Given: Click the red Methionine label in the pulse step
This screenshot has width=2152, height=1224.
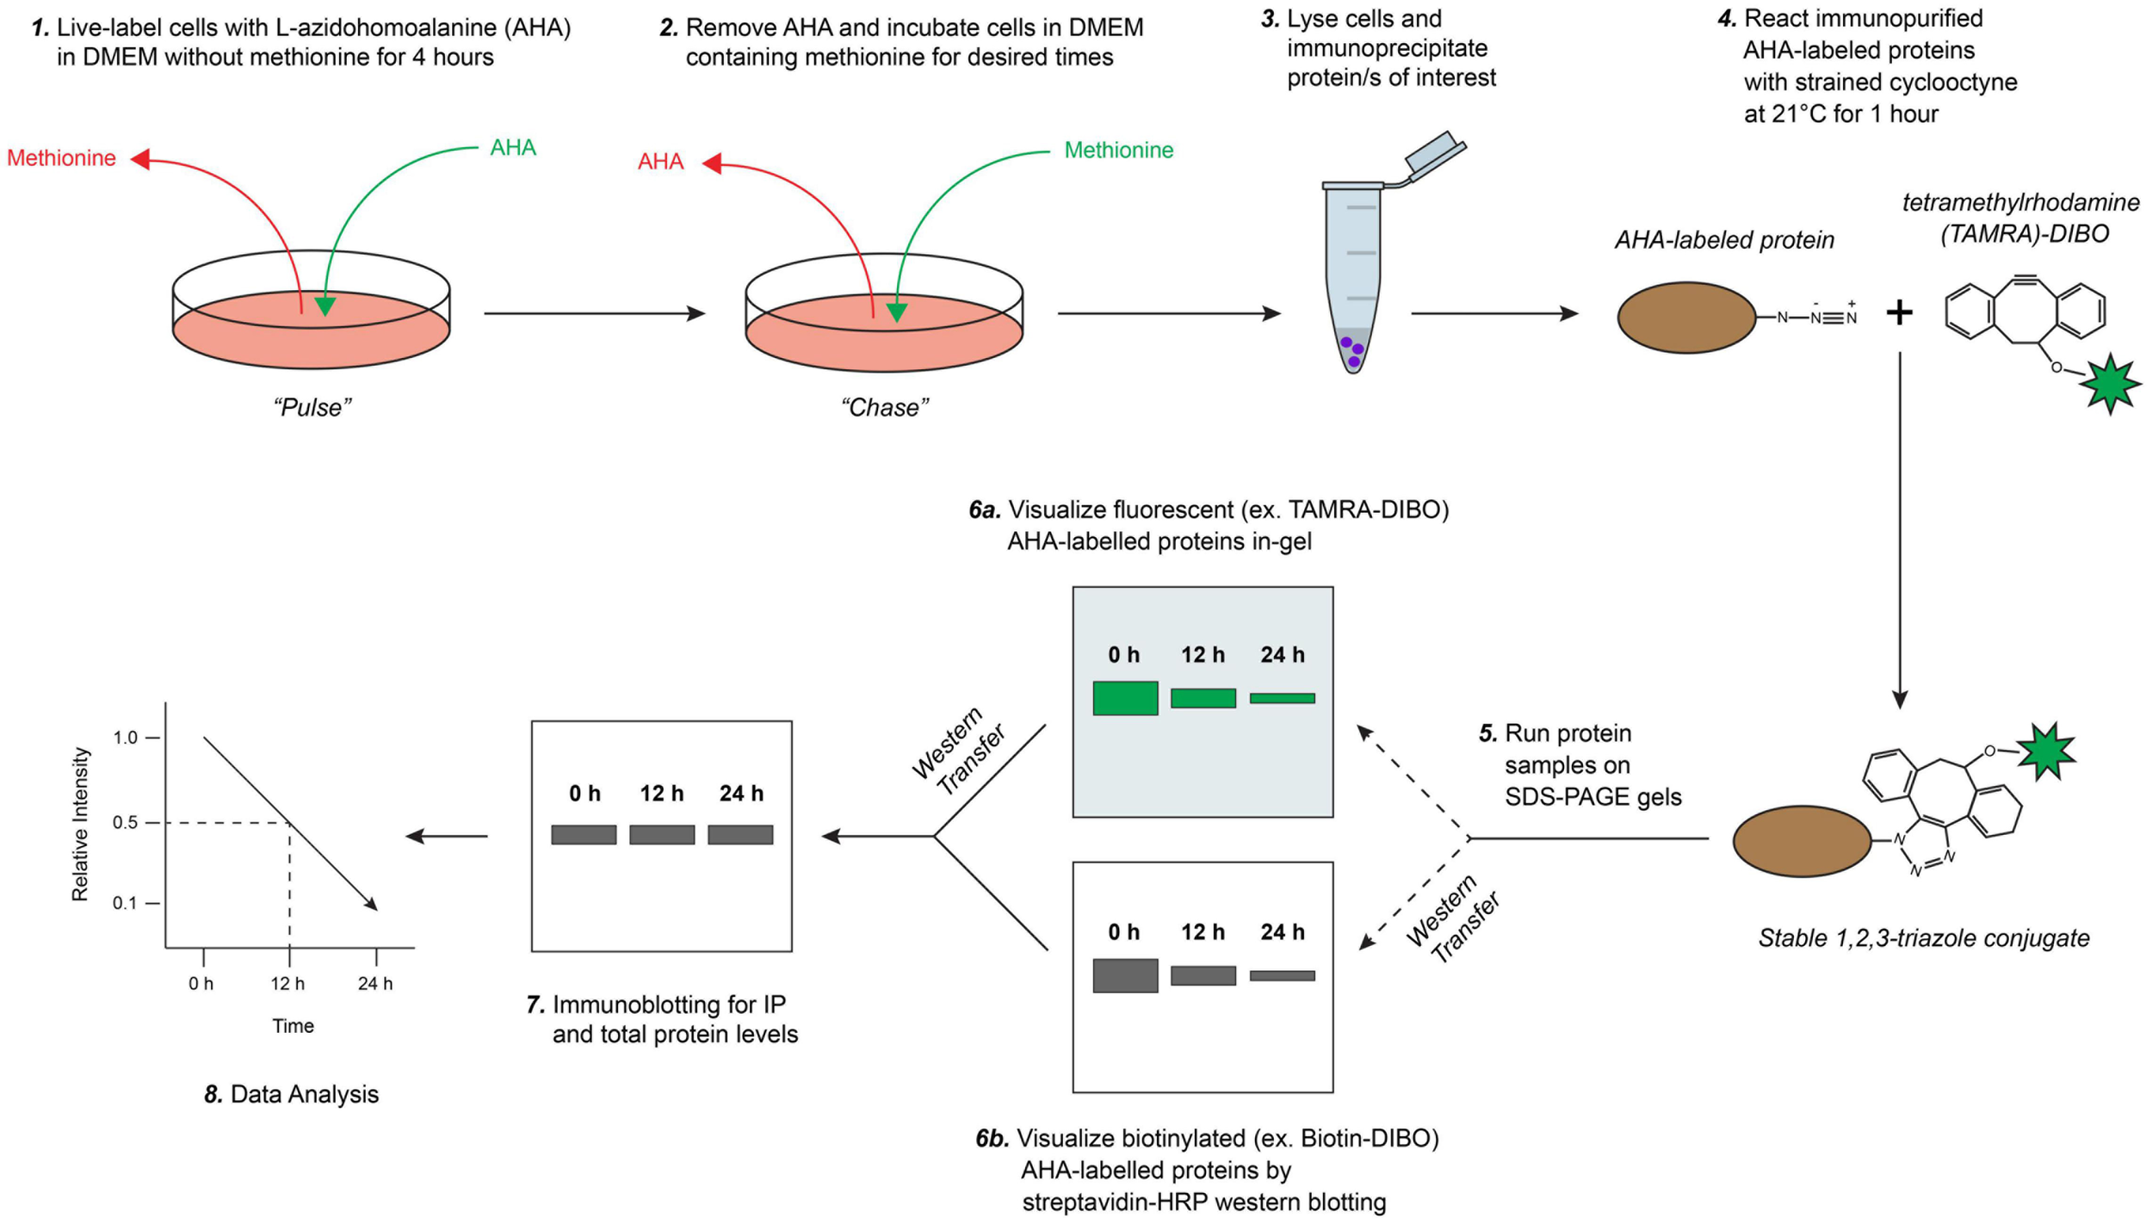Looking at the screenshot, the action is pos(61,158).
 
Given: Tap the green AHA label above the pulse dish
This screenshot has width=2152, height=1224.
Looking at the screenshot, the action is pos(513,148).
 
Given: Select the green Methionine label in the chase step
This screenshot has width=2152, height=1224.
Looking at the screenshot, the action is pos(1118,151).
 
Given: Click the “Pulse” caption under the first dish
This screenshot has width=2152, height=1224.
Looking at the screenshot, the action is pos(312,407).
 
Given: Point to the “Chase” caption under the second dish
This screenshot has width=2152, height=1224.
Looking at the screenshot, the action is pos(885,407).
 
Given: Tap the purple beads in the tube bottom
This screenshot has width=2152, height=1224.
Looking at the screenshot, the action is pos(1352,351).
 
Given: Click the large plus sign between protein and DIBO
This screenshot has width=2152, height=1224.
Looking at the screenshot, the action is pos(1899,312).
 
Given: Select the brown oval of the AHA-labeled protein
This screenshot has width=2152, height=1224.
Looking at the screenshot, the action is pos(1686,318).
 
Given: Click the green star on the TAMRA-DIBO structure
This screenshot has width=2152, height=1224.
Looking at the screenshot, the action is pos(2109,384).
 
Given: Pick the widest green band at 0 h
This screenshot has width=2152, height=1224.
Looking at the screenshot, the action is pos(1125,698).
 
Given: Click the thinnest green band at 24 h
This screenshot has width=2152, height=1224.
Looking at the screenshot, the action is pos(1282,698).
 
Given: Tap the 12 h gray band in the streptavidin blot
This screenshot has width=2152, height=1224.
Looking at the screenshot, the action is pos(1203,975).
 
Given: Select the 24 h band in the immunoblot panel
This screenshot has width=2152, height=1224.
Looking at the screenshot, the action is pos(740,834).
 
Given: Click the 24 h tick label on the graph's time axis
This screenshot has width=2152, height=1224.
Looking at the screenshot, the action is pos(375,984).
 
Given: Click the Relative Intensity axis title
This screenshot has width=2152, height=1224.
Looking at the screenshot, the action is pos(80,825).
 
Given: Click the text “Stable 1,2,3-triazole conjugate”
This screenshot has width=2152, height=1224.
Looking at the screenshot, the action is pos(1924,937).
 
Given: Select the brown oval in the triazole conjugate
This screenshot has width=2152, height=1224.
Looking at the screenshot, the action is pos(1803,841).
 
